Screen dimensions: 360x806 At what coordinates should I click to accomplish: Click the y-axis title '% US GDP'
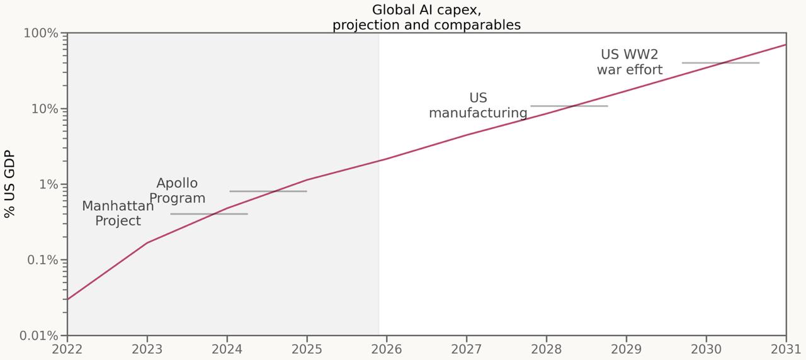click(9, 184)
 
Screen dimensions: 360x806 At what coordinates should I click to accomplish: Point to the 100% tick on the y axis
click(41, 33)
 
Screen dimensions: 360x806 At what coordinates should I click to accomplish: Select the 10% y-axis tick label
click(45, 109)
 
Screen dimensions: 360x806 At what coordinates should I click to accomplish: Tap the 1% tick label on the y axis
click(48, 184)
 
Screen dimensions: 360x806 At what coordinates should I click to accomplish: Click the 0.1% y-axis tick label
click(43, 260)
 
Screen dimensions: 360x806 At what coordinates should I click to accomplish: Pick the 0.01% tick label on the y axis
click(40, 335)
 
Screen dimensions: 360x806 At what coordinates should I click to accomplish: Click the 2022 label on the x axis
click(67, 349)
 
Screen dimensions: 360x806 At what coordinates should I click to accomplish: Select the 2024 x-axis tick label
click(227, 349)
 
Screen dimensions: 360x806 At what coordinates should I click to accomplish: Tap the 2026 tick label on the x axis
click(387, 349)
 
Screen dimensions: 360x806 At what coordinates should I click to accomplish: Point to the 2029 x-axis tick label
click(626, 349)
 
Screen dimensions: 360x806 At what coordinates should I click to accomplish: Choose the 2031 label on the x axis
click(785, 349)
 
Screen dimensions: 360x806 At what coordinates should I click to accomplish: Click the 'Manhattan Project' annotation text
click(118, 213)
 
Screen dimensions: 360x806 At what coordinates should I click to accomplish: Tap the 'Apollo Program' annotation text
click(177, 191)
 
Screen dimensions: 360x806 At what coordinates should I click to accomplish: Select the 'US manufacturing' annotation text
click(478, 106)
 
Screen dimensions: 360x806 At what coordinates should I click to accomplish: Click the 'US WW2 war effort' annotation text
click(630, 62)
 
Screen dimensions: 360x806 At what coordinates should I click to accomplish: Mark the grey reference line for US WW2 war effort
click(720, 63)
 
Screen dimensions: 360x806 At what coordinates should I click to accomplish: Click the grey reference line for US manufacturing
click(569, 106)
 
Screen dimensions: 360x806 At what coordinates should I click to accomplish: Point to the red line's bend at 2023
click(147, 242)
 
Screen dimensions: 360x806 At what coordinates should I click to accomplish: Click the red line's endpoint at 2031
click(785, 45)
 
